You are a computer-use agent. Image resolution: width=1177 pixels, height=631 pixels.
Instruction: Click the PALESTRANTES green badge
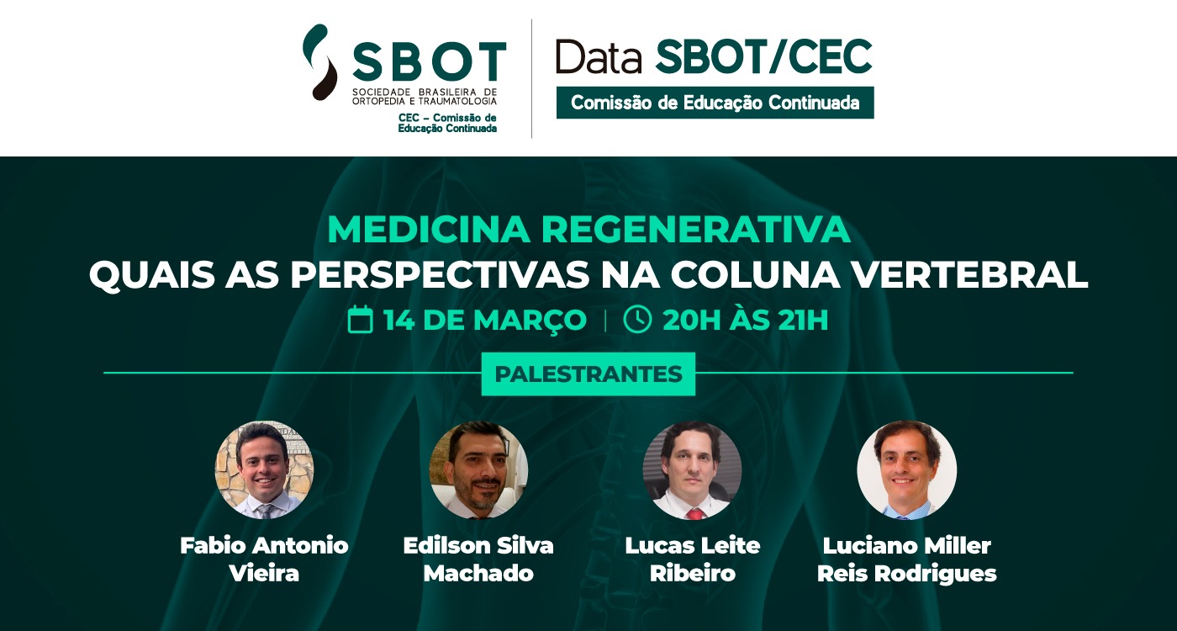pyautogui.click(x=588, y=374)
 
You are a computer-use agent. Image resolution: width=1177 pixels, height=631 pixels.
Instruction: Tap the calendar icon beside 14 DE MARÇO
pyautogui.click(x=361, y=319)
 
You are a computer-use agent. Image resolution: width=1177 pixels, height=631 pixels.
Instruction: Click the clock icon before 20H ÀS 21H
pyautogui.click(x=637, y=319)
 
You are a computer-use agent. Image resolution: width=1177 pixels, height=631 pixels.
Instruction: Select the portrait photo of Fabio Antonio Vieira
pyautogui.click(x=264, y=469)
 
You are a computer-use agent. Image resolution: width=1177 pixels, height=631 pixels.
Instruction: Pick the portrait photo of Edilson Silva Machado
pyautogui.click(x=478, y=469)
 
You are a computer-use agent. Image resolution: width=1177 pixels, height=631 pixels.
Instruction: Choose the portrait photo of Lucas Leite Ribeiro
pyautogui.click(x=693, y=469)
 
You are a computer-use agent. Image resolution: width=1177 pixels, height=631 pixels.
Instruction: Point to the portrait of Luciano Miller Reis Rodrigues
pyautogui.click(x=907, y=469)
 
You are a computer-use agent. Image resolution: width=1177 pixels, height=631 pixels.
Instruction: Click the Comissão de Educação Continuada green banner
pyautogui.click(x=715, y=103)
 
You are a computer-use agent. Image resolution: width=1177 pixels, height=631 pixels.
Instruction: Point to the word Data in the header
pyautogui.click(x=599, y=57)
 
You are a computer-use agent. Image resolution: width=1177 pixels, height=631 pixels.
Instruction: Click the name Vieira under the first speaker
pyautogui.click(x=264, y=573)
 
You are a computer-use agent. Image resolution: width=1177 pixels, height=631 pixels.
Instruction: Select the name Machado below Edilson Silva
pyautogui.click(x=478, y=573)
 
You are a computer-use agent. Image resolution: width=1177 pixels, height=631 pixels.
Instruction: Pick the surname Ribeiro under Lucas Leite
pyautogui.click(x=693, y=573)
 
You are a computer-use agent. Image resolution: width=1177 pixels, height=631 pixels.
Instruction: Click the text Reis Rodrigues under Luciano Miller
pyautogui.click(x=907, y=573)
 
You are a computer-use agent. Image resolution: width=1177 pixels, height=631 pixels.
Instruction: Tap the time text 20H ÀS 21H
pyautogui.click(x=746, y=320)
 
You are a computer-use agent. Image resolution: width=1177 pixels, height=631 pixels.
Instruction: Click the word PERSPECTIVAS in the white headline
pyautogui.click(x=440, y=274)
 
